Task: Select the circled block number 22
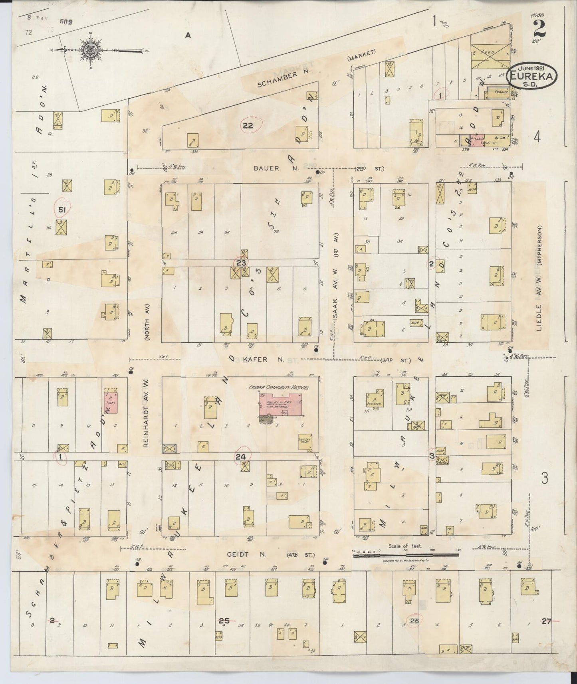[248, 126]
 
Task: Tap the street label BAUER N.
[266, 168]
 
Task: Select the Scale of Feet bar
[405, 555]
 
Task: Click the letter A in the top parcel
[188, 36]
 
